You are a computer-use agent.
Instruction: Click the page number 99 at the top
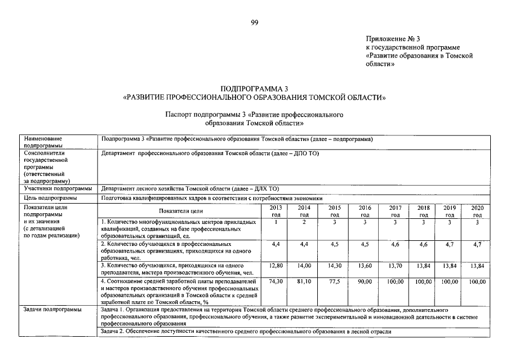tap(255, 22)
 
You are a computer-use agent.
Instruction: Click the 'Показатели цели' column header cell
tap(180, 211)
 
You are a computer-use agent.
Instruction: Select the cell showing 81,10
tap(304, 281)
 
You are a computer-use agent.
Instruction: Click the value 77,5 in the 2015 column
tap(334, 281)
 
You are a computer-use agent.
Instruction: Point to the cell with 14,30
tap(334, 265)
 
